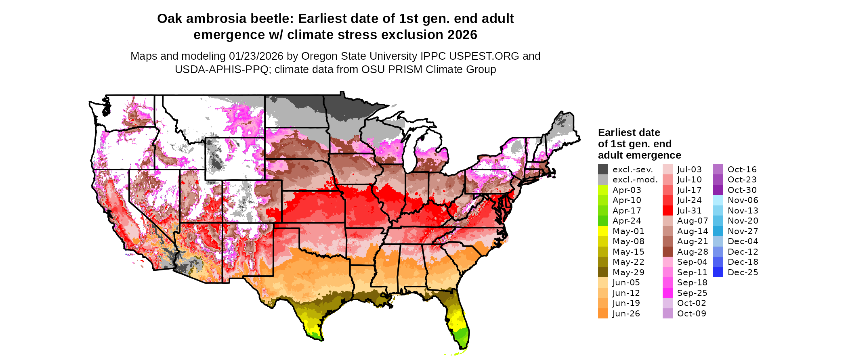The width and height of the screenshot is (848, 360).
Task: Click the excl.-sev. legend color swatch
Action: pos(603,170)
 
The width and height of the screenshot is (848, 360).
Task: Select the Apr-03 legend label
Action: pos(627,190)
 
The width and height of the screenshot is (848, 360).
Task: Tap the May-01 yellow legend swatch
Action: pos(603,231)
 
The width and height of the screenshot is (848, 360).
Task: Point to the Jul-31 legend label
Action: pos(689,211)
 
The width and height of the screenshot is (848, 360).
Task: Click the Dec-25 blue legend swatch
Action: pos(718,272)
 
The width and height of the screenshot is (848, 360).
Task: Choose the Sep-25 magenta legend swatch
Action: pos(667,293)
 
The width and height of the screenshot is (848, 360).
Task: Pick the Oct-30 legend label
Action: pos(742,190)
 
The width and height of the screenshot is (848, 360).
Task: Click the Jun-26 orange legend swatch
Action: pos(603,314)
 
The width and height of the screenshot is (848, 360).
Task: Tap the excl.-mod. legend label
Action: pos(635,180)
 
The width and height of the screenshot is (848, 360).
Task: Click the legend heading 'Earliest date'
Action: pos(629,132)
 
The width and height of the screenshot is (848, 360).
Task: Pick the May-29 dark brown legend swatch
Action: pos(603,272)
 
